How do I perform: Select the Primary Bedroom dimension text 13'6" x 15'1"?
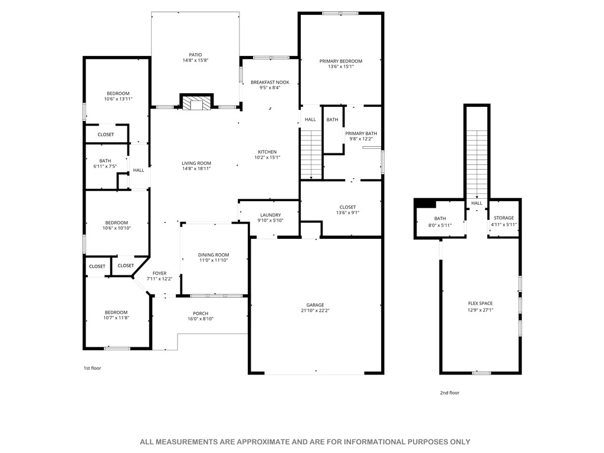pyautogui.click(x=340, y=67)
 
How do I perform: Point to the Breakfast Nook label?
pyautogui.click(x=270, y=82)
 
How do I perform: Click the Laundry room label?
pyautogui.click(x=270, y=215)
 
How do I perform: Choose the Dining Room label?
pyautogui.click(x=214, y=254)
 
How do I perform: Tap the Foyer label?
pyautogui.click(x=159, y=273)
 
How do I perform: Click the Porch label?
pyautogui.click(x=200, y=313)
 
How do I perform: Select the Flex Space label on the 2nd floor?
pyautogui.click(x=480, y=303)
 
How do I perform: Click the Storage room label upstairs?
pyautogui.click(x=504, y=218)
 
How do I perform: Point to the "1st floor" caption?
pyautogui.click(x=92, y=368)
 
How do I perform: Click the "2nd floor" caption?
pyautogui.click(x=449, y=393)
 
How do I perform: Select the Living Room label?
pyautogui.click(x=196, y=163)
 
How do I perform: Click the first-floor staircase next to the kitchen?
pyautogui.click(x=311, y=155)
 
